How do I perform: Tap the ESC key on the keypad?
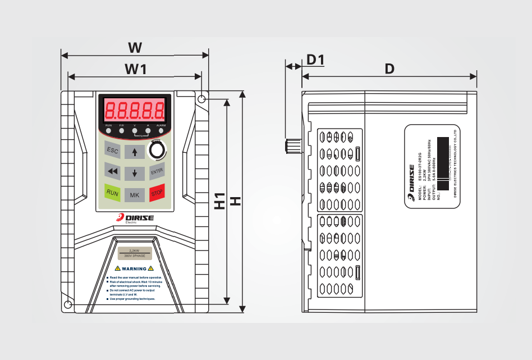pos(113,150)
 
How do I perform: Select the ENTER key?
pos(157,171)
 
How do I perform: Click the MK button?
pos(135,195)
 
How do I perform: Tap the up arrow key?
pos(135,152)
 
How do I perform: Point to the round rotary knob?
pos(157,150)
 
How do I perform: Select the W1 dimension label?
pos(135,69)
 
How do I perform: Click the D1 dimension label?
pos(315,60)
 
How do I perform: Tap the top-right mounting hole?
pos(201,99)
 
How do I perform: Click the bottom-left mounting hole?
pos(68,304)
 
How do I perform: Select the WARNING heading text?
pos(134,268)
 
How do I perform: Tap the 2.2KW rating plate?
pos(134,253)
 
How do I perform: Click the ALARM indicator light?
pos(161,130)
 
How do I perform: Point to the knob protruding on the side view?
pos(293,145)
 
